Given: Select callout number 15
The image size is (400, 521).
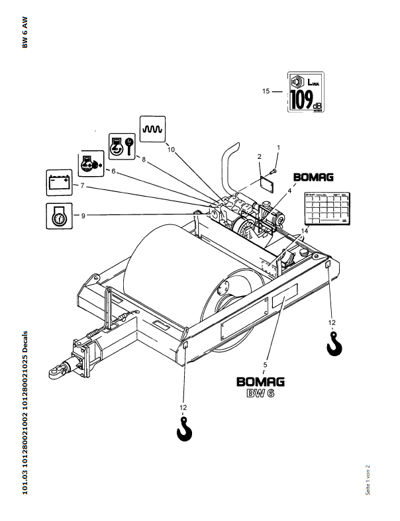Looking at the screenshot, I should [266, 91].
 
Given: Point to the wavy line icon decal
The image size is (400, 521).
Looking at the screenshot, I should [153, 128].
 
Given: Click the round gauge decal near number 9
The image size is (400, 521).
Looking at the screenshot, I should [57, 216].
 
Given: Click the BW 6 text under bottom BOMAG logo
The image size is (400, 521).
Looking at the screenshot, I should [261, 395].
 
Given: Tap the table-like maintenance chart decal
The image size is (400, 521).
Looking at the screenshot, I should [326, 208].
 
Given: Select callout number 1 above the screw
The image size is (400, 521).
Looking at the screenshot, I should [278, 146].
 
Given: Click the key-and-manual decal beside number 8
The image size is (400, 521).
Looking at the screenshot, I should [121, 145].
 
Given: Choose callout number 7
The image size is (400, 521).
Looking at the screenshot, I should [82, 186].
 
